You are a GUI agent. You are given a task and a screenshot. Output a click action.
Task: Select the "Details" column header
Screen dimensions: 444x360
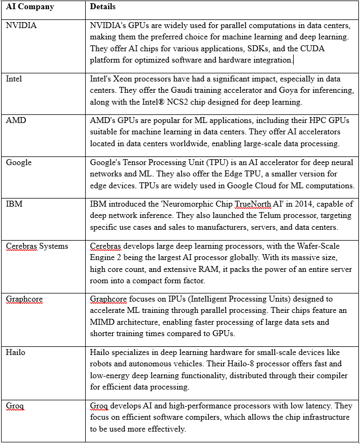coord(103,8)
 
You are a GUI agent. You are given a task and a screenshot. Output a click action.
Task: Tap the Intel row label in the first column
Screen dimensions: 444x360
coord(14,79)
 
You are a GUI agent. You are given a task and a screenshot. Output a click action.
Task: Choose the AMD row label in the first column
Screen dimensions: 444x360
coord(16,120)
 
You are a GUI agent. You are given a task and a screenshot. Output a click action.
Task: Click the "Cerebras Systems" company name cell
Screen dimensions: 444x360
coord(37,246)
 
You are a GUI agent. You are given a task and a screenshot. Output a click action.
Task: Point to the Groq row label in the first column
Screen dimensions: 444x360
coord(15,406)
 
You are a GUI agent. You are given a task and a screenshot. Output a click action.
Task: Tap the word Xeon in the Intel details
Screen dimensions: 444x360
coord(122,79)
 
